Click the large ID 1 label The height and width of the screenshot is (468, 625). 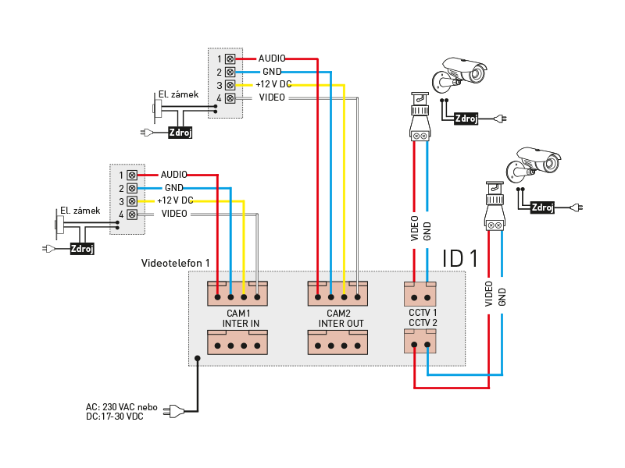(460, 258)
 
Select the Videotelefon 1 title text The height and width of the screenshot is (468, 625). (175, 263)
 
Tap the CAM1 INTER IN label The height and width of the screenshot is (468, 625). (241, 318)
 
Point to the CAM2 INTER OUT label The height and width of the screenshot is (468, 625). (341, 318)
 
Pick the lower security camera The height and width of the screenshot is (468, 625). (534, 163)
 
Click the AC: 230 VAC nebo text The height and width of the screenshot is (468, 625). (122, 407)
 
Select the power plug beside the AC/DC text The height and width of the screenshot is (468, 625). (173, 411)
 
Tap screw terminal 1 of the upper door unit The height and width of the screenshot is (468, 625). (230, 59)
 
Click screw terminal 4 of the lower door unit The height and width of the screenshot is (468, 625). (132, 214)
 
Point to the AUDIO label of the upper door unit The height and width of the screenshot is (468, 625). (272, 58)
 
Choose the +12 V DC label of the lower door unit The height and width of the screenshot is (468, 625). (175, 200)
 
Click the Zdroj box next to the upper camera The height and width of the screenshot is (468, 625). (466, 119)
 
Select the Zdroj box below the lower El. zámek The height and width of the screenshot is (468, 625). (82, 249)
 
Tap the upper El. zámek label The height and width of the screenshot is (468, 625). (178, 94)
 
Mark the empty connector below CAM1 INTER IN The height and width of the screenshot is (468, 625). (237, 342)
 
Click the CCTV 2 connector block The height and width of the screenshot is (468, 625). (420, 341)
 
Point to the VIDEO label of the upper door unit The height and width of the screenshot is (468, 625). (272, 97)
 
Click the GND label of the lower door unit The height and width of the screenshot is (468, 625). (174, 187)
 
